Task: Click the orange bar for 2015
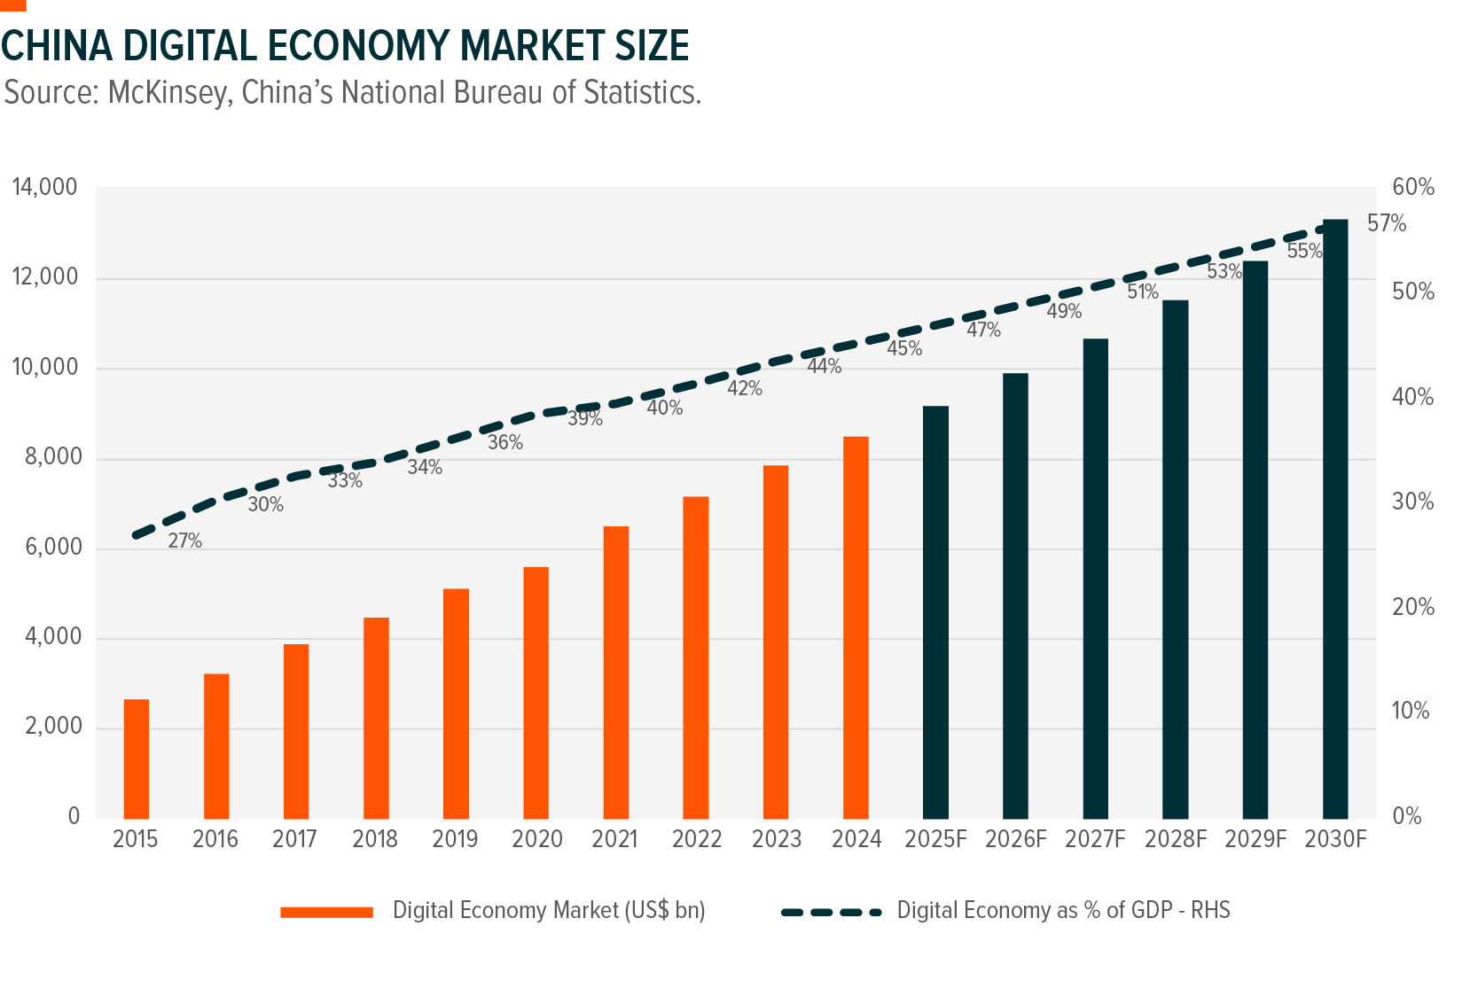point(137,759)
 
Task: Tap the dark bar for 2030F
point(1335,518)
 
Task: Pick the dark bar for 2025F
point(935,611)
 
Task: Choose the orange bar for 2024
point(856,627)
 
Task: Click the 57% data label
point(1387,224)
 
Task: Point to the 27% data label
point(185,541)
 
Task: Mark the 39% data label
point(585,419)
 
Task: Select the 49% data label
point(1064,312)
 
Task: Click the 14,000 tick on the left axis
point(44,188)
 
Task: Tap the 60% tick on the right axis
point(1413,187)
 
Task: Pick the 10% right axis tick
point(1411,712)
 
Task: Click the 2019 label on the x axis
point(455,839)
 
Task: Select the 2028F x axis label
point(1176,839)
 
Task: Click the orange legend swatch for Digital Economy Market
point(326,912)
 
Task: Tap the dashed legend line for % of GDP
point(831,912)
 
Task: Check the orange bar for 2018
point(376,718)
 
